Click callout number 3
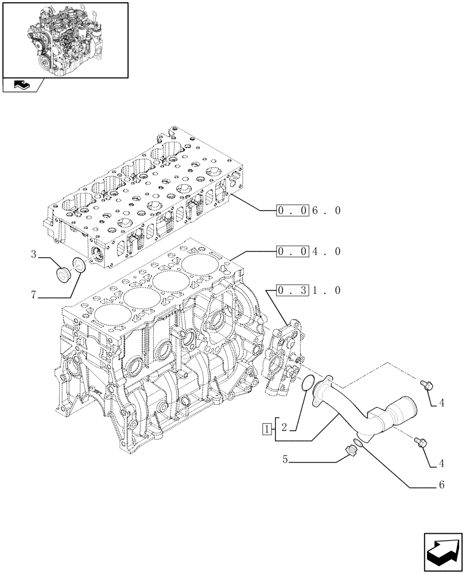34,254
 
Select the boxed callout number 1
266,428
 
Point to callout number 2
284,428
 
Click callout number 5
285,459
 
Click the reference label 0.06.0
308,211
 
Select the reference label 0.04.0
308,251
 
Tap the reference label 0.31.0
308,290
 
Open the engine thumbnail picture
65,39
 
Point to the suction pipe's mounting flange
324,389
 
